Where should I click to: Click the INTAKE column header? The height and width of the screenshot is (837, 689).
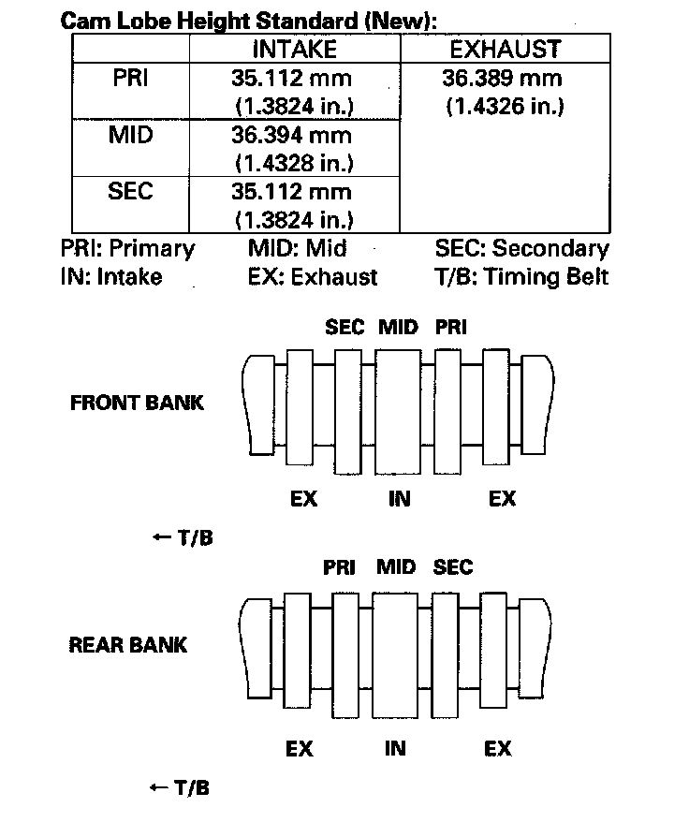coord(294,50)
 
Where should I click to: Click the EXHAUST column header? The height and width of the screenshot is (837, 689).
coord(505,50)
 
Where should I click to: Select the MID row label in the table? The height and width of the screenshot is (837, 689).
coord(130,135)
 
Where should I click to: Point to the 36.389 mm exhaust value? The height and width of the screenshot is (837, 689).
coord(505,79)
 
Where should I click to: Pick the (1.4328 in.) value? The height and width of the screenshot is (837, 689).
coord(293,163)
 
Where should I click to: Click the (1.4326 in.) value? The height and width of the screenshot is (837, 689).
coord(505,107)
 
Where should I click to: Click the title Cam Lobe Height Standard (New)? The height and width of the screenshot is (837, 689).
coord(249,20)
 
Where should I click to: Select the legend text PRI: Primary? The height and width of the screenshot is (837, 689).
coord(127,249)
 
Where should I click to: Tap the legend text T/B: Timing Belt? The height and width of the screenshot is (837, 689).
coord(521,277)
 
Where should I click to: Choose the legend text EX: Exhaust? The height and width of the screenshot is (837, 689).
coord(313,277)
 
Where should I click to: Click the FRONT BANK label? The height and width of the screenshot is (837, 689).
coord(137,404)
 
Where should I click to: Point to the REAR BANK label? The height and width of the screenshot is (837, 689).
coord(128,645)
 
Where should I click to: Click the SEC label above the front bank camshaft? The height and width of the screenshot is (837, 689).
coord(344,328)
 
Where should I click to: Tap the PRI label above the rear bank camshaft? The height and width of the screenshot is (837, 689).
coord(339,567)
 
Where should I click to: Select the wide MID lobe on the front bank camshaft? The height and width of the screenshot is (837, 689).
coord(398,412)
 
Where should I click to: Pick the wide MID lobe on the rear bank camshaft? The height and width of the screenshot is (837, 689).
coord(396,653)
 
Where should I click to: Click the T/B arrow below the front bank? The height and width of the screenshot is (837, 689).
coord(182,538)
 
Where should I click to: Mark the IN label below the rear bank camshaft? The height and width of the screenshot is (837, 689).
coord(396,749)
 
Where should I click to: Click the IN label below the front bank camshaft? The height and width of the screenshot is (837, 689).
coord(400,499)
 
